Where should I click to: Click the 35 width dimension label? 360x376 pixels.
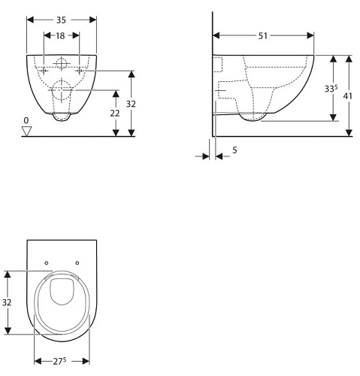(61, 20)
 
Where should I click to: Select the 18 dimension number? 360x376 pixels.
(60, 36)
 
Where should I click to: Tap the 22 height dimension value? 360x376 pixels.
(115, 114)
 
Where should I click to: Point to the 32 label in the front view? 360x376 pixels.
(131, 104)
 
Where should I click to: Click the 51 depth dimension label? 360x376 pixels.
(263, 36)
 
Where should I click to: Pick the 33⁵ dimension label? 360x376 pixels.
(331, 89)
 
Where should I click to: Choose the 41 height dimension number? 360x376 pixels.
(348, 96)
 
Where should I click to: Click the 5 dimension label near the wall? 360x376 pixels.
(234, 150)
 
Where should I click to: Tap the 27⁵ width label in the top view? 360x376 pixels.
(59, 361)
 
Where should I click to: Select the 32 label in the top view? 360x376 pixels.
(7, 302)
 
